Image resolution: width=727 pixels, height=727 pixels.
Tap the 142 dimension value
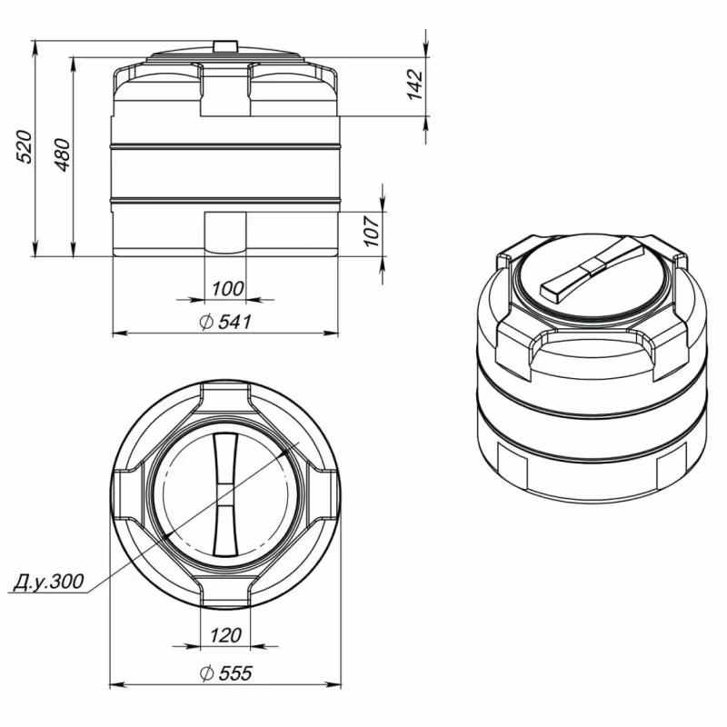coord(415,84)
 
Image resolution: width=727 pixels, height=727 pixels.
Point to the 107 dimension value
coord(371,233)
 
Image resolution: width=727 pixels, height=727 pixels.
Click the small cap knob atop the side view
coord(224,45)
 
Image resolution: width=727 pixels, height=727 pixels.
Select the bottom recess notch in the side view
coord(224,232)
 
